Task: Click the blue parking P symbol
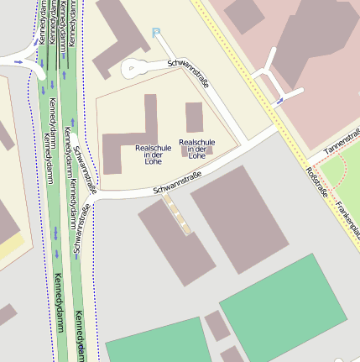(x=156, y=32)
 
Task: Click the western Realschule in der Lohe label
(x=153, y=154)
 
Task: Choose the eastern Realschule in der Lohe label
(x=196, y=149)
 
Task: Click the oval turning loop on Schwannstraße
(x=135, y=70)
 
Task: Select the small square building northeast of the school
(x=195, y=117)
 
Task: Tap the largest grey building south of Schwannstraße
(x=239, y=218)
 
